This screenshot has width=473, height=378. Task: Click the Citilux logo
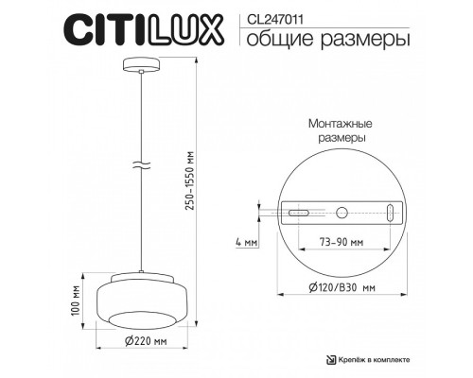[x=145, y=28]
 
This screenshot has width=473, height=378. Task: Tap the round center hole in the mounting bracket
[x=343, y=214]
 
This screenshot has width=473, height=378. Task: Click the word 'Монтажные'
[x=339, y=123]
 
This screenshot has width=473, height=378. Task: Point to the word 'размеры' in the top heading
[x=351, y=39]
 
